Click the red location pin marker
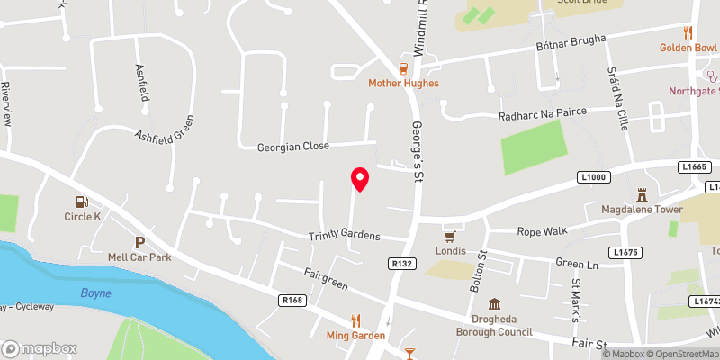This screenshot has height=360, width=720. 360,179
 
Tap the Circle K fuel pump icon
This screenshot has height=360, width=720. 84,202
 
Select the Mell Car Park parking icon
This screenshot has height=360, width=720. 139,242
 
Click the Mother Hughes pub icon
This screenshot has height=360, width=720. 404,68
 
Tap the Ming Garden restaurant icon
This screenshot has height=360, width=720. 355,320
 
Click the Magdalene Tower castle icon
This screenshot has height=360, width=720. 643,194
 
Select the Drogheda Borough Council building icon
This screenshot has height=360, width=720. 494,305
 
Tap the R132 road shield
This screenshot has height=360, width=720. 402,263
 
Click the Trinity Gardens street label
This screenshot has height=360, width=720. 345,236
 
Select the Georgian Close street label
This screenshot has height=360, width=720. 293,145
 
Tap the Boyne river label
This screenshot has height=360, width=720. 95,292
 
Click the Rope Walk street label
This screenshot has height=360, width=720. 543,231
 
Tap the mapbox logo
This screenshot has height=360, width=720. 40,348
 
